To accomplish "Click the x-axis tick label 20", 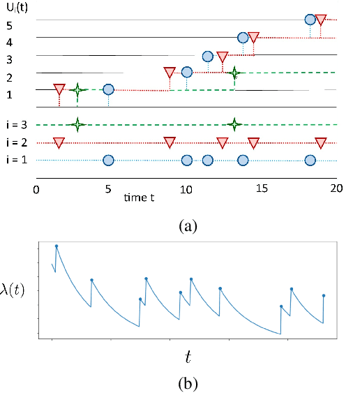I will point(336,189).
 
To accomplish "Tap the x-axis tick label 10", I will point(186,189).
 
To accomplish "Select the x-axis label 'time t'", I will point(140,198).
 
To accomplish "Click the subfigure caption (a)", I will point(189,225).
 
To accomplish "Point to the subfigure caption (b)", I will point(189,383).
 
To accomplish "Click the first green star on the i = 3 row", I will point(78,125).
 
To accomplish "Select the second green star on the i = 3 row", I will point(235,125).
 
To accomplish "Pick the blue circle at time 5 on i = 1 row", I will point(108,161).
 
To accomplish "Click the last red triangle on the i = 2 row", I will point(320,143).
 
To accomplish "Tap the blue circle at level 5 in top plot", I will point(310,20).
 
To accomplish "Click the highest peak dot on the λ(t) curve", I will point(57,246).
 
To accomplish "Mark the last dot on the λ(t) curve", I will point(324,296).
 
